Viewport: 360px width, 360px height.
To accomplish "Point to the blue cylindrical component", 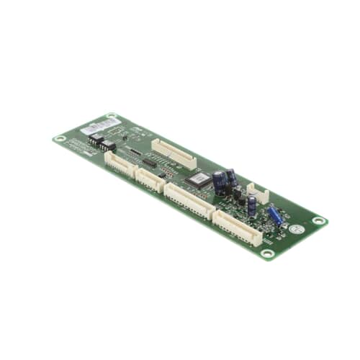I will [274, 215].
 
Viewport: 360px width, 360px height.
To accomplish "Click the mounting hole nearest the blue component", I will [318, 220].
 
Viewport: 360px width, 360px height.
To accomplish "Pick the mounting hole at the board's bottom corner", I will [267, 253].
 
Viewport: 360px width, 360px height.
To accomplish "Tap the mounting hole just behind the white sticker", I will [112, 115].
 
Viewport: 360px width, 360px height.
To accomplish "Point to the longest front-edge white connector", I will [188, 199].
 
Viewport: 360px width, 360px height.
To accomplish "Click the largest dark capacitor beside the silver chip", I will [220, 183].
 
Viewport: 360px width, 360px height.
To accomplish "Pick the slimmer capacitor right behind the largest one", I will [230, 176].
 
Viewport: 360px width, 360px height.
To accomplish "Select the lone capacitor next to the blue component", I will [251, 204].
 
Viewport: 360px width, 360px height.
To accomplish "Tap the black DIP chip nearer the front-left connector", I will [108, 145].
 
